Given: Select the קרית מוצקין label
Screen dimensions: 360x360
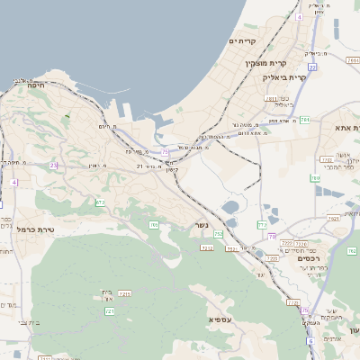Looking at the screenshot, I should coord(265,63).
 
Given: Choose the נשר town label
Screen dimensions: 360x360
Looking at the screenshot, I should coord(202,226).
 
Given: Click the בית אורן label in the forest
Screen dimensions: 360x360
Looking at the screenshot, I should coord(106,293).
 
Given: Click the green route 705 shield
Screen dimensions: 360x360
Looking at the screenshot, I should coord(154,225).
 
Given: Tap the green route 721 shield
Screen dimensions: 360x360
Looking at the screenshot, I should coord(110,311).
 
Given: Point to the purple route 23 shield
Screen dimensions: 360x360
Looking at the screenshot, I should coord(54,165).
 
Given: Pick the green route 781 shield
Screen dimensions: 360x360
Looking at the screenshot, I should coord(305,119).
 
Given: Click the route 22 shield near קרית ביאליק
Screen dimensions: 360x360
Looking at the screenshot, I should coord(311,67).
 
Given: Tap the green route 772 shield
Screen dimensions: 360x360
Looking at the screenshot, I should coord(263,224).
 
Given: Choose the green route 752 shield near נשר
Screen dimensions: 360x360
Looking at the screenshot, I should coord(219,234).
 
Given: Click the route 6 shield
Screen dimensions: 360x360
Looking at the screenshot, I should coord(310,341).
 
